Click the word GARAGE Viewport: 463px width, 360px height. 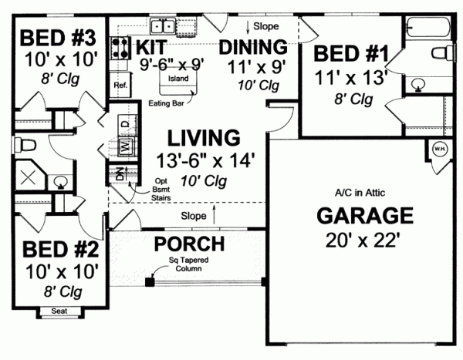(363, 214)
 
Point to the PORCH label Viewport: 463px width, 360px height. (189, 244)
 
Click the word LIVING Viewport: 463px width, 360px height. (204, 139)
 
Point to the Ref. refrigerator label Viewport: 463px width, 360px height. (120, 85)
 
